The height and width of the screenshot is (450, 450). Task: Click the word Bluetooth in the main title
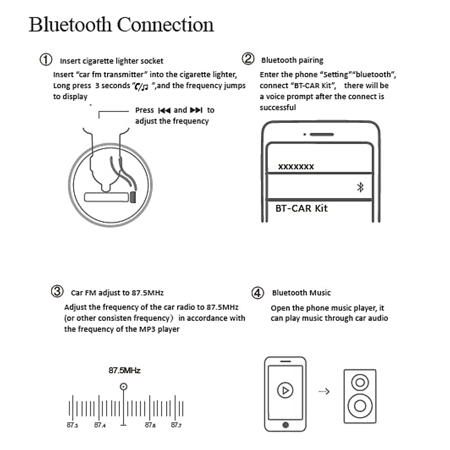tap(70, 25)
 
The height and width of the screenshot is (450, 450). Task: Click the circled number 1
tap(46, 60)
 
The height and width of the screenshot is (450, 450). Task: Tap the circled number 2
tap(248, 59)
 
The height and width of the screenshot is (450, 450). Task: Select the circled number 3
tap(57, 291)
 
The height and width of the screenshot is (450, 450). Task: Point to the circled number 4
tap(257, 292)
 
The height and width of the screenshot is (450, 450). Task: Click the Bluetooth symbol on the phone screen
tap(360, 187)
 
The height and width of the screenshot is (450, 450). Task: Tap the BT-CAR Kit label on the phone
tap(301, 208)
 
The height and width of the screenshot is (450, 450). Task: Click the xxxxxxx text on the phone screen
tap(296, 167)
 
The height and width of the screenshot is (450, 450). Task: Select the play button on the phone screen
tap(285, 390)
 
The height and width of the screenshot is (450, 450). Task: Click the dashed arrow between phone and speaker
tap(324, 391)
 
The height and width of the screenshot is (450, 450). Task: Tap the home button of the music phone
tap(285, 425)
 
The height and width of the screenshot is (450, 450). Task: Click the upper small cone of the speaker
tap(360, 383)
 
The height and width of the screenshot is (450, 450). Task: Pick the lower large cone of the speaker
tap(360, 406)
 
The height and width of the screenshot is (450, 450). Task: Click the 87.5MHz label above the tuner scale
tap(124, 370)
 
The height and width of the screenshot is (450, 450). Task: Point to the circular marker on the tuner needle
tap(123, 387)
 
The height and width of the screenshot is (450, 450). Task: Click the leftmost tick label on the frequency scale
tap(72, 425)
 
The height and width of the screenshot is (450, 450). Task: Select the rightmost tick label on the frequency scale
tap(176, 425)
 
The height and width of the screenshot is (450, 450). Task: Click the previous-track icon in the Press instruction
tap(164, 110)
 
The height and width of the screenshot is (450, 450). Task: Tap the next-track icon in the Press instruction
tap(196, 110)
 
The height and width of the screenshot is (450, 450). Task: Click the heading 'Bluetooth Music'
tap(301, 293)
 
